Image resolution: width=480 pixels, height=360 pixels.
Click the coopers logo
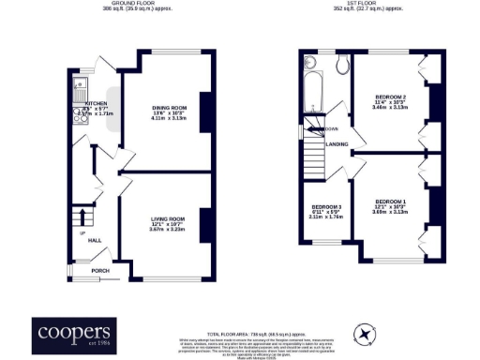(x=74, y=333)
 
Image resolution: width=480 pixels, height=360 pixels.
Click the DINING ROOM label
(x=169, y=108)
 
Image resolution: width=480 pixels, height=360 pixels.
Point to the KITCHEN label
(x=97, y=104)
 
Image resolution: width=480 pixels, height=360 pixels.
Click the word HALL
(x=95, y=240)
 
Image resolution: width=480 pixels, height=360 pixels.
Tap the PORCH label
(x=99, y=271)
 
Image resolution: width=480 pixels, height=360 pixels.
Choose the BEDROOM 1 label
(x=390, y=202)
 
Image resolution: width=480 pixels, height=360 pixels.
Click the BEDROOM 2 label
(x=390, y=97)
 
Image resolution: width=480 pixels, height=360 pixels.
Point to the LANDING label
(x=337, y=144)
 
